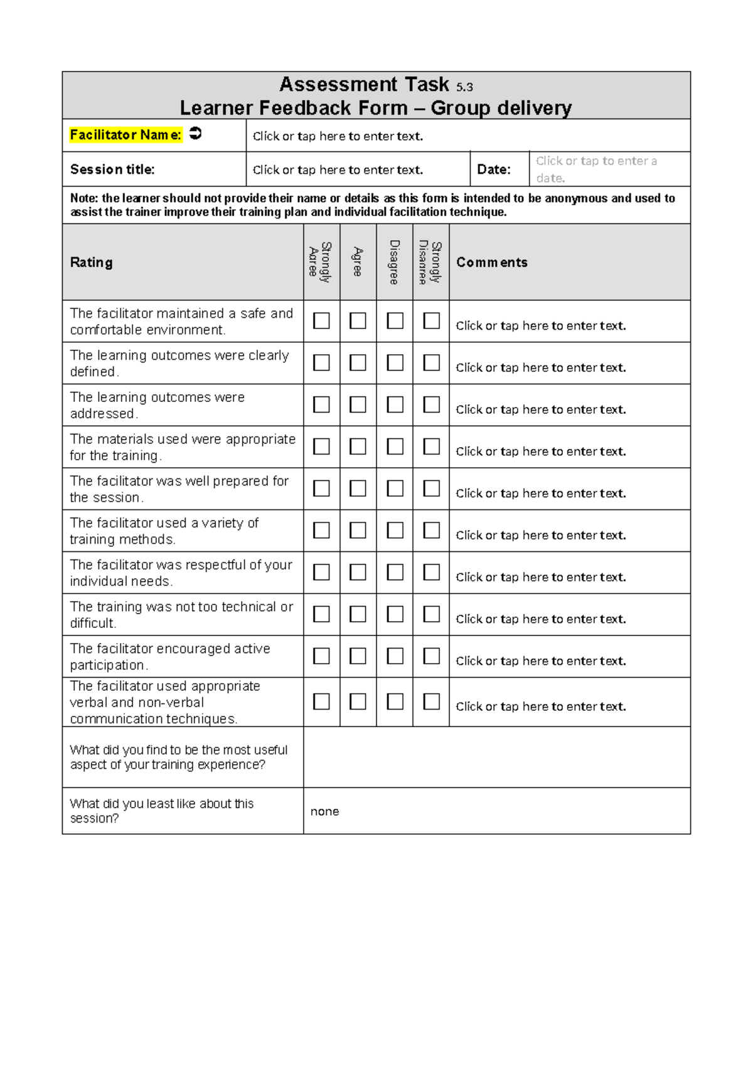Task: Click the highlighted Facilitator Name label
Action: (125, 135)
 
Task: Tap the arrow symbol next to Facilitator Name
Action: (195, 134)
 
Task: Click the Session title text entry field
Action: (338, 170)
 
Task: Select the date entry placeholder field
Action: (596, 170)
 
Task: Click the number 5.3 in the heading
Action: (464, 87)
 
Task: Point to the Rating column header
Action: (92, 262)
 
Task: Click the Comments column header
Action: (492, 262)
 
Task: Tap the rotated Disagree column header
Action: (394, 262)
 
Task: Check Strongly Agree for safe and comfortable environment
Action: (321, 321)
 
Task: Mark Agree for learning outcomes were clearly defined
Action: (358, 363)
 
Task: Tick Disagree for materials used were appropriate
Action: (395, 446)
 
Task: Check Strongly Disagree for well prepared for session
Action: (431, 489)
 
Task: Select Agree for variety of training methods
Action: (358, 531)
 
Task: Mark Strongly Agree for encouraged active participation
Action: (321, 656)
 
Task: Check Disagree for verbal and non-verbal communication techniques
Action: (395, 701)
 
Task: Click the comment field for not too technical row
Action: (540, 619)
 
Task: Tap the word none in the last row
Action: (324, 811)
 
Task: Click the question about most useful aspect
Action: (179, 757)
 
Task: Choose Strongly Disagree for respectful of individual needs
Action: (431, 572)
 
